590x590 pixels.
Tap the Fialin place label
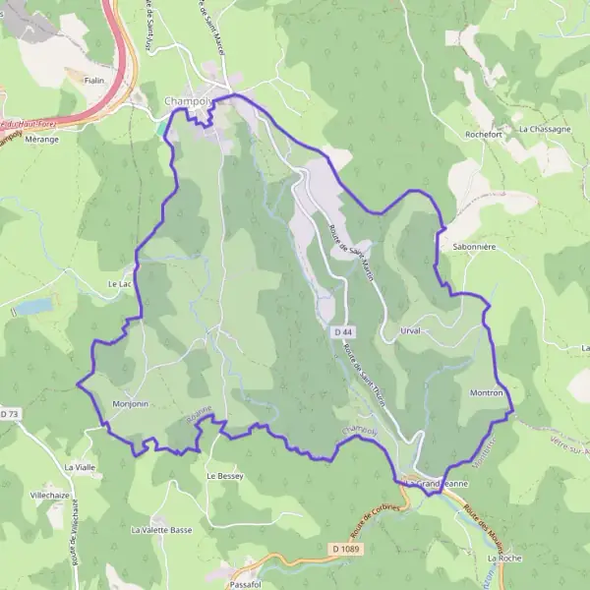[x=94, y=81]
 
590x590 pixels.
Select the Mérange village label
[x=41, y=139]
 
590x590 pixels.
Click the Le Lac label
[x=118, y=284]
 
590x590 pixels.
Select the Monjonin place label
[x=130, y=404]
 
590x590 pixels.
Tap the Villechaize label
[x=50, y=495]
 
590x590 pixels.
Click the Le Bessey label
[x=224, y=475]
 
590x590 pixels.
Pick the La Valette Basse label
[x=161, y=529]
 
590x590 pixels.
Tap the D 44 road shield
[x=342, y=332]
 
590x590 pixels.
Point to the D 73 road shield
[x=10, y=414]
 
